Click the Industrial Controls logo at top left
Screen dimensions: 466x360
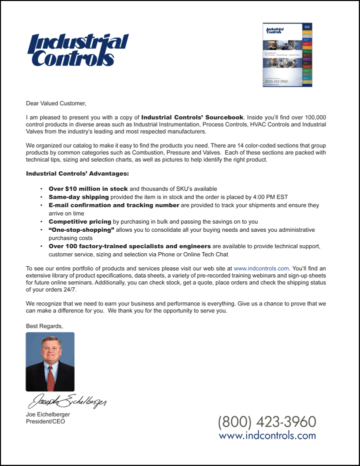tap(78, 50)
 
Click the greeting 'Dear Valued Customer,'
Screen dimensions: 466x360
tap(56, 104)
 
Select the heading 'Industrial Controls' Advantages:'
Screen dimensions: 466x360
tap(77, 174)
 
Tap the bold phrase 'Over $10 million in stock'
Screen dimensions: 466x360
tap(88, 189)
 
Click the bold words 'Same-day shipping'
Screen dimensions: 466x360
tap(78, 197)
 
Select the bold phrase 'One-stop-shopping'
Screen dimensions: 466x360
tap(81, 230)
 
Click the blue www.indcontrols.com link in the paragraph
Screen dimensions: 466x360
tap(261, 268)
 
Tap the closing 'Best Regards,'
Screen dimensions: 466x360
tap(44, 326)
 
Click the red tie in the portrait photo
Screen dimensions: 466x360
tap(50, 378)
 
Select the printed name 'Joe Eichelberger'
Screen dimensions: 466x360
tap(48, 414)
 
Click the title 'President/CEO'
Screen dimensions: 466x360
tap(45, 421)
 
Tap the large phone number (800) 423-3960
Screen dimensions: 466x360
tap(267, 421)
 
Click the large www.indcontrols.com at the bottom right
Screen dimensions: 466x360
tap(267, 435)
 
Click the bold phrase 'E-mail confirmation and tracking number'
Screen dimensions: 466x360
tap(113, 205)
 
